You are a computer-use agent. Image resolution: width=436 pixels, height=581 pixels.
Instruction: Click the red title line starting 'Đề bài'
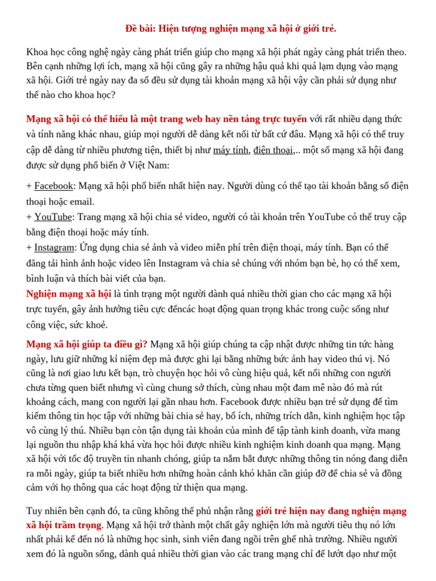click(230, 28)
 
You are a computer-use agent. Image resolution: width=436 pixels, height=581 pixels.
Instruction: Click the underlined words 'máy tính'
click(230, 150)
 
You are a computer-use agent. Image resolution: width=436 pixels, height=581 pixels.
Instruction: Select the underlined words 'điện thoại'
click(273, 150)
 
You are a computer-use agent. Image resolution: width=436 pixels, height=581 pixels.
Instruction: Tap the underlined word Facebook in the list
click(53, 186)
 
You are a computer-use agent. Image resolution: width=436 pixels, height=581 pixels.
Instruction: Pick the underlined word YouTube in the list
click(53, 217)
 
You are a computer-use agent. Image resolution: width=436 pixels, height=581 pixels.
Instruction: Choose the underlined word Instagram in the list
click(54, 247)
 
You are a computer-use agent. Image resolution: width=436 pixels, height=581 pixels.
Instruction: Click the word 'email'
click(82, 201)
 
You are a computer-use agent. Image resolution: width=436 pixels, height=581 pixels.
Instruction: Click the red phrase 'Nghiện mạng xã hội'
click(69, 294)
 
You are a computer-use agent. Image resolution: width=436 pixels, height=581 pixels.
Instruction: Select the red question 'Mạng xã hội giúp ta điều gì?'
click(87, 344)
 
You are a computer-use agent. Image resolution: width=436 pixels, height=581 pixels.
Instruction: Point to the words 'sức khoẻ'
click(89, 325)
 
